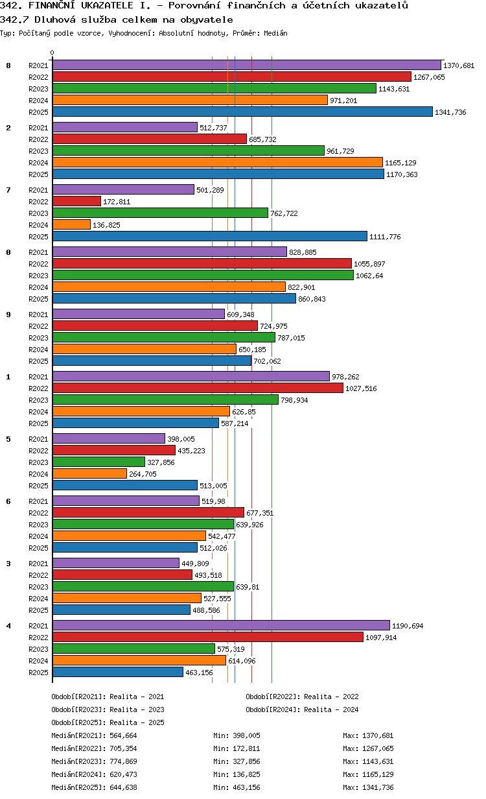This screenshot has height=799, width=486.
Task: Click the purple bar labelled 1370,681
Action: pyautogui.click(x=246, y=65)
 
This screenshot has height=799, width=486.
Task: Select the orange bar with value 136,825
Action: pyautogui.click(x=71, y=224)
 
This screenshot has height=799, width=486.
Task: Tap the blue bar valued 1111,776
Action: pyautogui.click(x=209, y=236)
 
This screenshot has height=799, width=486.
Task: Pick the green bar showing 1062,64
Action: pyautogui.click(x=203, y=275)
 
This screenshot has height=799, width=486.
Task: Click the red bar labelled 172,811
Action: pyautogui.click(x=76, y=201)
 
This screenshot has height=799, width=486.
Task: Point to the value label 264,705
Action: pyautogui.click(x=143, y=474)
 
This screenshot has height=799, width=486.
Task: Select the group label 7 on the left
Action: pyautogui.click(x=8, y=189)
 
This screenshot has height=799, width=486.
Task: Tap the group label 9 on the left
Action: pyautogui.click(x=8, y=314)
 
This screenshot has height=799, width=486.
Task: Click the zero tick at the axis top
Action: pyautogui.click(x=52, y=53)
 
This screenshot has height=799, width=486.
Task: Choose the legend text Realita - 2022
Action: pyautogui.click(x=331, y=697)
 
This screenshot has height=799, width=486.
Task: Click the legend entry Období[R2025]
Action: pyautogui.click(x=78, y=722)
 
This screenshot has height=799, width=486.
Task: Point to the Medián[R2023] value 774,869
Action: pyautogui.click(x=123, y=761)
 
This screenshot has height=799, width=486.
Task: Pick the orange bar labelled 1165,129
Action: pyautogui.click(x=217, y=162)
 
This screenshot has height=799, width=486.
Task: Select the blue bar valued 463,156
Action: pyautogui.click(x=117, y=672)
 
